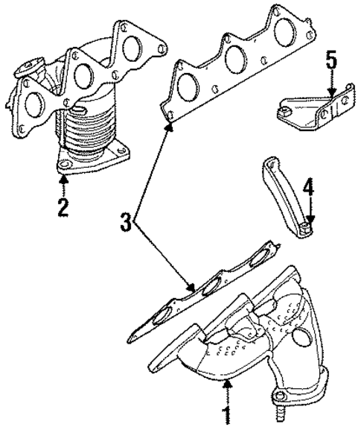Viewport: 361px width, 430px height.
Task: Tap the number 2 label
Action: click(x=64, y=206)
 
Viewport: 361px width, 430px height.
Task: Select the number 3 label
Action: click(x=127, y=221)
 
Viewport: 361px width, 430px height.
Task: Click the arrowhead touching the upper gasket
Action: click(x=170, y=127)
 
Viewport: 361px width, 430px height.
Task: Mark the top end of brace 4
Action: click(x=269, y=165)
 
